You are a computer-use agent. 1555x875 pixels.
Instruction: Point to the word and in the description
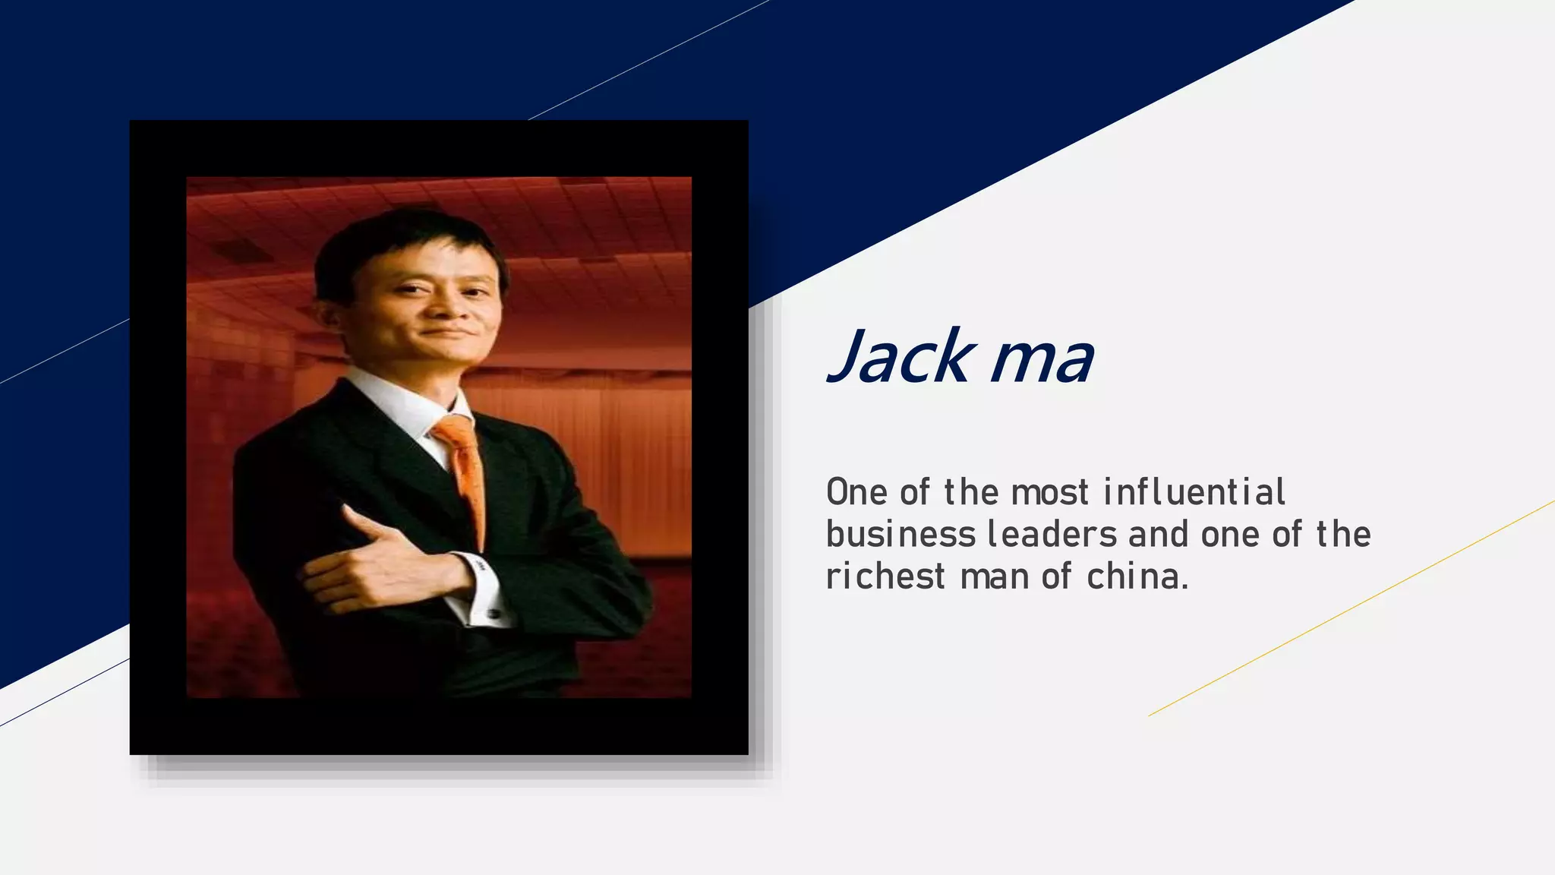point(1158,535)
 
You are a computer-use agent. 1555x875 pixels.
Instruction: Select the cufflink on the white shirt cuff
point(492,612)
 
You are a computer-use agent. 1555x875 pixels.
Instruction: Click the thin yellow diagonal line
point(1352,608)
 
